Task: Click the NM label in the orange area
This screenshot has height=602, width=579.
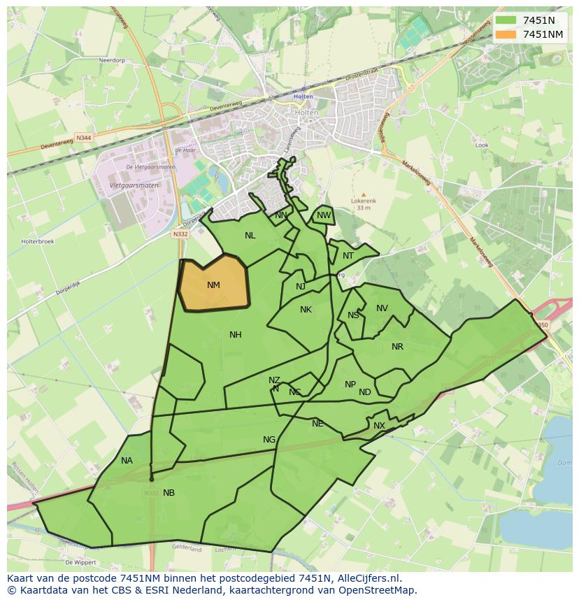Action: point(213,285)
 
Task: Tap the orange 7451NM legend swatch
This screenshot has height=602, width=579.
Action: point(506,34)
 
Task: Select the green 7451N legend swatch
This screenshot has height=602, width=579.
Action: point(506,20)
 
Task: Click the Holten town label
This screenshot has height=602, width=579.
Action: point(303,96)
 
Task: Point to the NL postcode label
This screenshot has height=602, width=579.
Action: point(250,236)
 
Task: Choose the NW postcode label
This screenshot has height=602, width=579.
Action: point(323,215)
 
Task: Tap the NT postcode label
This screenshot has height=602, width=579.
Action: point(348,256)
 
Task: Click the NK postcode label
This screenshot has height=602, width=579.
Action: point(306,310)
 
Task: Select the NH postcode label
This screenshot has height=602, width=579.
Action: point(236,335)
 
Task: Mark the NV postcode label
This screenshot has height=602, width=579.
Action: point(382,308)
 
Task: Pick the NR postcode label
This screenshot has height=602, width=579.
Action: point(397,347)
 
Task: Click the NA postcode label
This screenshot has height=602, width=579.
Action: point(127,461)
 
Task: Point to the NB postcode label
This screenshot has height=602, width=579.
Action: point(169,493)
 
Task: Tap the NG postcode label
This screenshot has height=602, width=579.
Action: point(269,440)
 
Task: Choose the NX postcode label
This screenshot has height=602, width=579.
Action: point(379,426)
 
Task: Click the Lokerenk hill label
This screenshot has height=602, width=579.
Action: point(363,201)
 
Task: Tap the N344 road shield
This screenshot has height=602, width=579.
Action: point(84,138)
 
